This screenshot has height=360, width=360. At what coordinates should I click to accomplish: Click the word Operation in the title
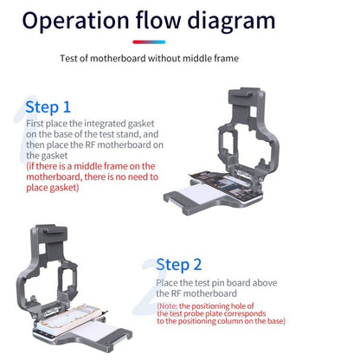pos(76,21)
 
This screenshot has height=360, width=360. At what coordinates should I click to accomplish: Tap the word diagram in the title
pos(231,22)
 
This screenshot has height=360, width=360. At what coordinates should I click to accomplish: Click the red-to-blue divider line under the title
pos(149,42)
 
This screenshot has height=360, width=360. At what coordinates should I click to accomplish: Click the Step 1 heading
pos(48,107)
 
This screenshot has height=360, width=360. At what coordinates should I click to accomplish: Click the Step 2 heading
pos(178,265)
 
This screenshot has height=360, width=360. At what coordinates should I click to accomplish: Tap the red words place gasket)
pos(53,188)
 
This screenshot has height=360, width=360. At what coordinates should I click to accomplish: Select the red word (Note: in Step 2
pos(168,306)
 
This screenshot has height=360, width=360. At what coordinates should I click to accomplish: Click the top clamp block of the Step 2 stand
pos(49,233)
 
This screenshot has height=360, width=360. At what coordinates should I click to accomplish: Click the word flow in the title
pos(158,20)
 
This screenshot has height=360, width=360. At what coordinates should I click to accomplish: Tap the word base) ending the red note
pos(276,321)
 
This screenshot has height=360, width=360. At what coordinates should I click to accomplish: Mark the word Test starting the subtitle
pos(69,59)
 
